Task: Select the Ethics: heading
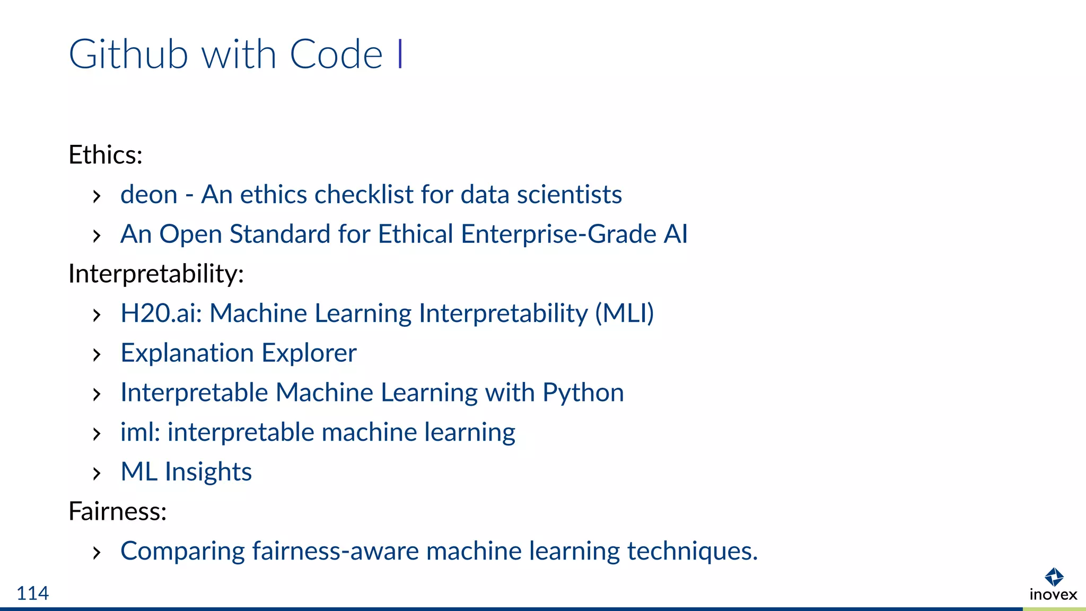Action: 106,155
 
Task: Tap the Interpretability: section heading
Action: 156,274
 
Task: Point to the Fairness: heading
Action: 118,511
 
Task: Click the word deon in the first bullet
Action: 148,195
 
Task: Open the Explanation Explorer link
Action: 239,353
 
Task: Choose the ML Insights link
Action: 186,472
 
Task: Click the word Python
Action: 583,393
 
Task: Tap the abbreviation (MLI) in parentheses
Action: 624,313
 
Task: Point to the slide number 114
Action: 32,593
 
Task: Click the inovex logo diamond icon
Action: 1054,577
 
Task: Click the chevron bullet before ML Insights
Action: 96,473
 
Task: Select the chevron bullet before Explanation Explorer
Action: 96,354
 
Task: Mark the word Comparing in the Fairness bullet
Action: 182,551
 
